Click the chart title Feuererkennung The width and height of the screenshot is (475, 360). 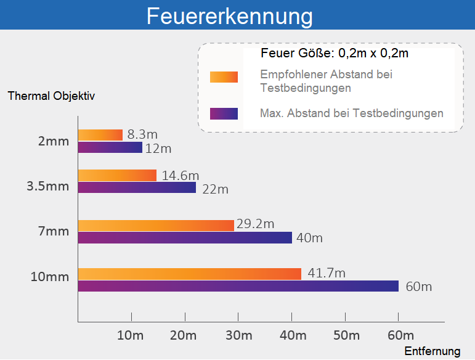pyautogui.click(x=229, y=16)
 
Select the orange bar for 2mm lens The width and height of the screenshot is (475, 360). pyautogui.click(x=100, y=135)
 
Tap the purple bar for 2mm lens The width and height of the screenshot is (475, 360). pyautogui.click(x=110, y=147)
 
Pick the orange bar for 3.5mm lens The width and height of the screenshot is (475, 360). pyautogui.click(x=117, y=175)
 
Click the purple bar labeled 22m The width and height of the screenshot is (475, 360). pyautogui.click(x=137, y=187)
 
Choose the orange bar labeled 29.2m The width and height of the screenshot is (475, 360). pyautogui.click(x=156, y=225)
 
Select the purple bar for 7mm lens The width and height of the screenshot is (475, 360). pyautogui.click(x=185, y=237)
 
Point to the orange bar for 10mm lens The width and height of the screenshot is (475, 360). pyautogui.click(x=190, y=274)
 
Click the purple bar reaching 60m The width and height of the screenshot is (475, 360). pyautogui.click(x=238, y=286)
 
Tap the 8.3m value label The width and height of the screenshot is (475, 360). pyautogui.click(x=142, y=134)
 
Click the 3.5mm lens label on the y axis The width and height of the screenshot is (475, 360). pyautogui.click(x=48, y=186)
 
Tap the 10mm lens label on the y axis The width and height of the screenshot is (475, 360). pyautogui.click(x=50, y=276)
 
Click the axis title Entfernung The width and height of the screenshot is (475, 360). pyautogui.click(x=432, y=351)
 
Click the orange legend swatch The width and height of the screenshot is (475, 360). pyautogui.click(x=224, y=76)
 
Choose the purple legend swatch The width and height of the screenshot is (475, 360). pyautogui.click(x=224, y=113)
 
